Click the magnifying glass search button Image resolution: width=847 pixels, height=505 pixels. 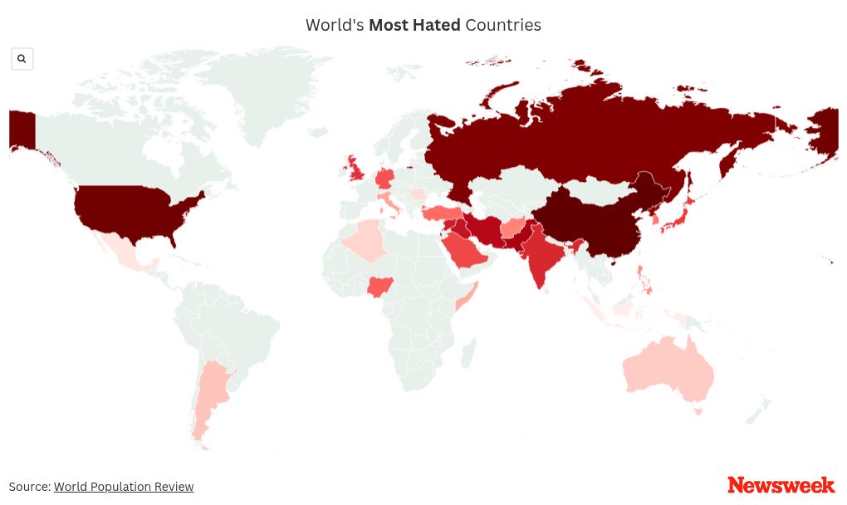tap(22, 59)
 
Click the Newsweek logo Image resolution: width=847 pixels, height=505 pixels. tap(781, 485)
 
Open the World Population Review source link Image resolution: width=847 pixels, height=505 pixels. tap(124, 487)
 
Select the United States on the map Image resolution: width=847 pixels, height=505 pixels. tap(133, 208)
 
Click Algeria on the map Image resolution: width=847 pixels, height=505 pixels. tap(365, 241)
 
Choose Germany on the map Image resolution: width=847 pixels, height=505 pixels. tap(385, 179)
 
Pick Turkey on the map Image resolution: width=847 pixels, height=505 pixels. tap(441, 214)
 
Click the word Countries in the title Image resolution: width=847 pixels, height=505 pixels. tap(503, 25)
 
